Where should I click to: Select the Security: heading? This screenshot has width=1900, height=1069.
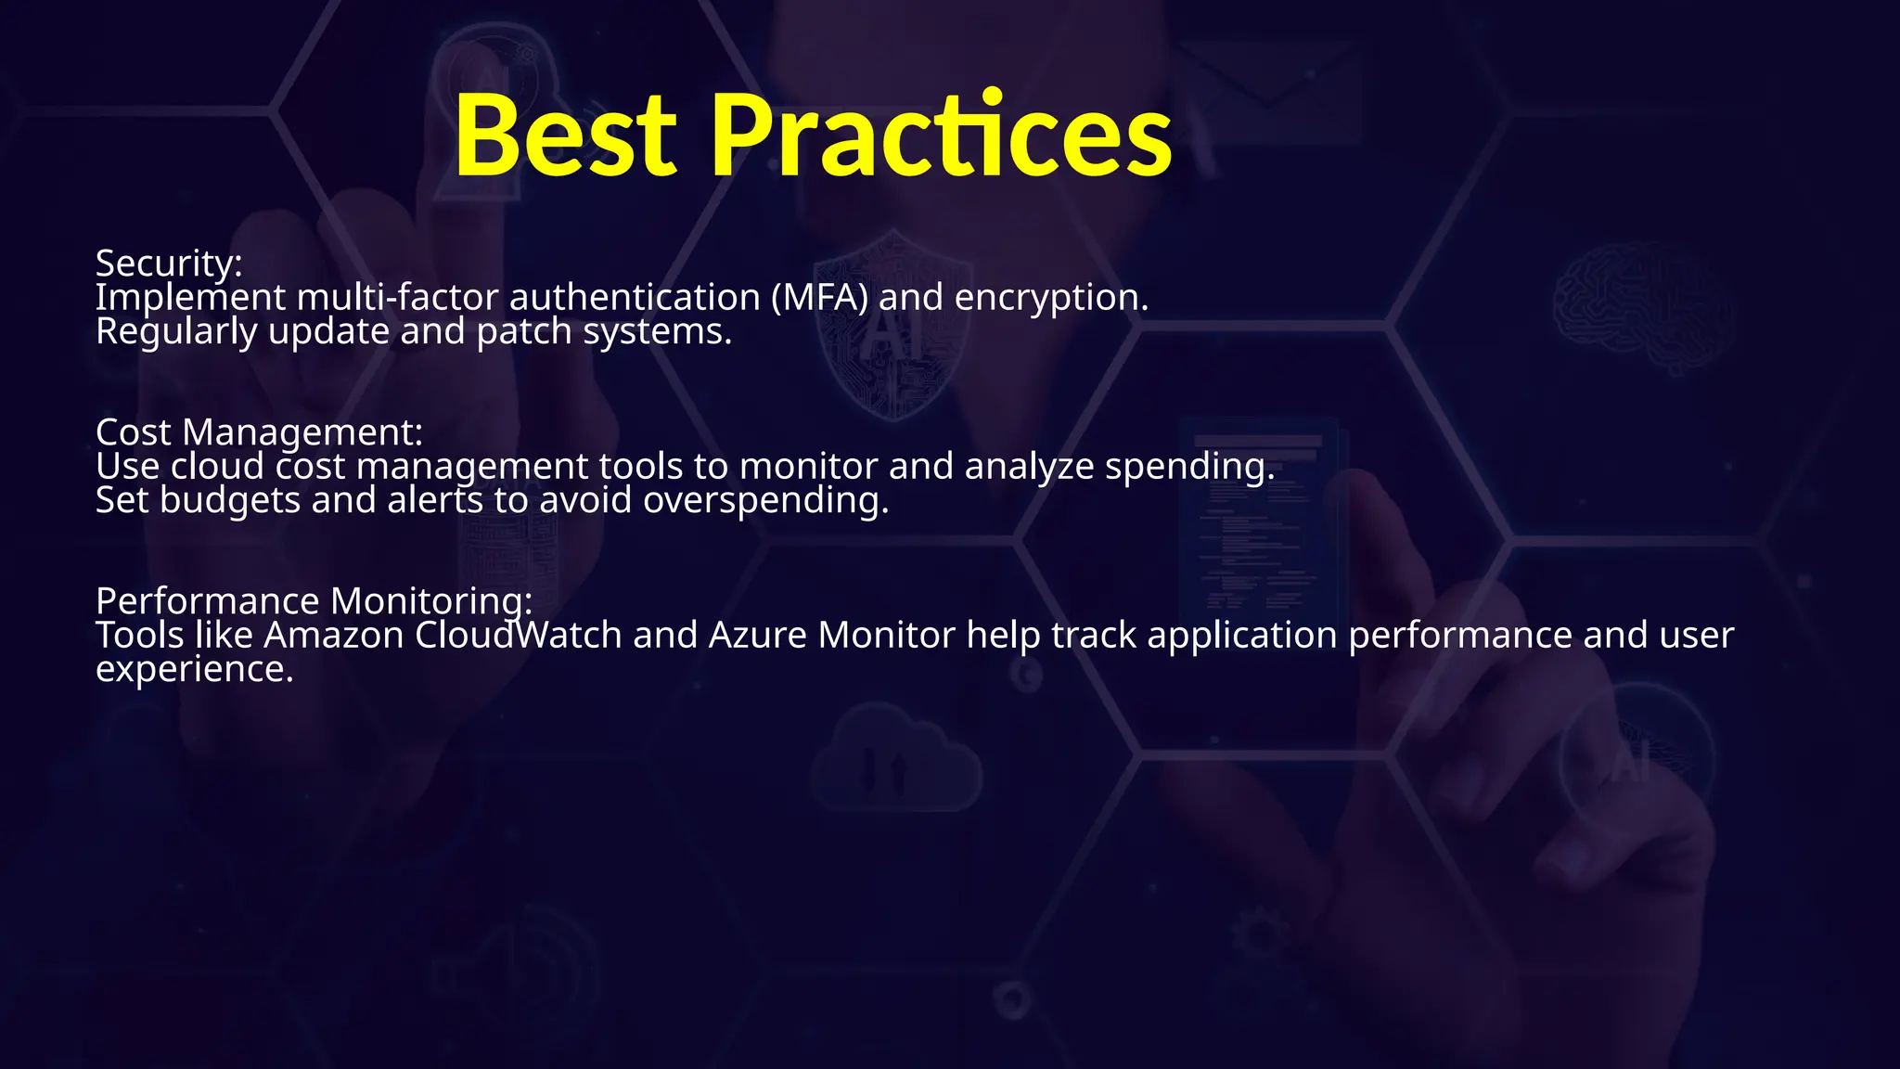169,264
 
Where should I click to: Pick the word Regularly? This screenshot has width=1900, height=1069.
176,332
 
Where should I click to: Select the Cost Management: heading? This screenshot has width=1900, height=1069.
259,432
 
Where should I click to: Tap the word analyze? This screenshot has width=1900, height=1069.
1029,467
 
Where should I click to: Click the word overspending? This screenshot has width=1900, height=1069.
765,501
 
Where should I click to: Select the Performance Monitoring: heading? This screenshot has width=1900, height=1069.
314,601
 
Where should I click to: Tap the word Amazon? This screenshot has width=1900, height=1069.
334,636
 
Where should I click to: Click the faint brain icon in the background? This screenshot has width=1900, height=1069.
1642,306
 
